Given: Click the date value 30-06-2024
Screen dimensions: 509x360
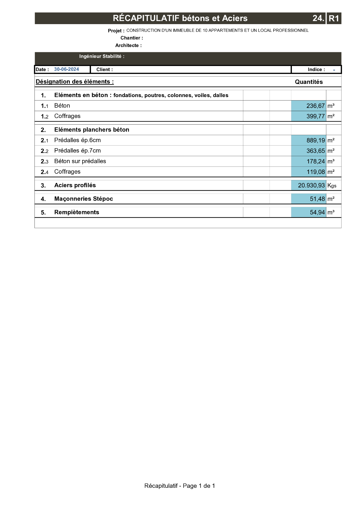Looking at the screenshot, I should [x=66, y=69].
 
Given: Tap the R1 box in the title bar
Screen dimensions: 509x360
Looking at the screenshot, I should [x=334, y=18].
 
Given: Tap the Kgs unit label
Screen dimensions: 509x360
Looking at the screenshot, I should [x=332, y=185].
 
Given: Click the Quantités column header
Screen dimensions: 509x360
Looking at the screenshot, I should [x=309, y=82].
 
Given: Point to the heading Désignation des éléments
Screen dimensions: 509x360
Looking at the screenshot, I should [x=75, y=82].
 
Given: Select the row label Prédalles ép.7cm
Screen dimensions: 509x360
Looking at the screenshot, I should [x=77, y=151].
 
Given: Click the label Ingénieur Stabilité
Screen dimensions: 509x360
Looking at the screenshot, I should [x=102, y=56].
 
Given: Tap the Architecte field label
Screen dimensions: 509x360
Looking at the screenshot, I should [x=128, y=45].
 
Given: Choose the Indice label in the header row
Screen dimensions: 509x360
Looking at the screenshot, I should [x=316, y=69].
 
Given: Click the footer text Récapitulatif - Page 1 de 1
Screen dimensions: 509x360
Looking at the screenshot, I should [x=180, y=486].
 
